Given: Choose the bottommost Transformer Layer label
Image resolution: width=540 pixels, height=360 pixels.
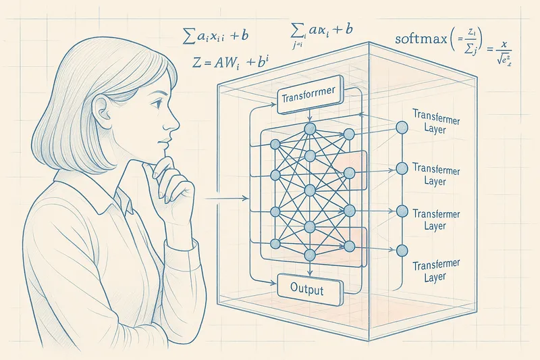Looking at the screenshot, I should pos(430,270).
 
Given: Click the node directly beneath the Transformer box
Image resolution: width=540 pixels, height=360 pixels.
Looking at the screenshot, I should pos(310,128).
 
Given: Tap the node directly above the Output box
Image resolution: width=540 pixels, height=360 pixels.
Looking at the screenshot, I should pos(310,255).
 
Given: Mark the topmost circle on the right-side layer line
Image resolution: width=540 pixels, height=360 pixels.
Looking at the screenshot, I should pos(402,127).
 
